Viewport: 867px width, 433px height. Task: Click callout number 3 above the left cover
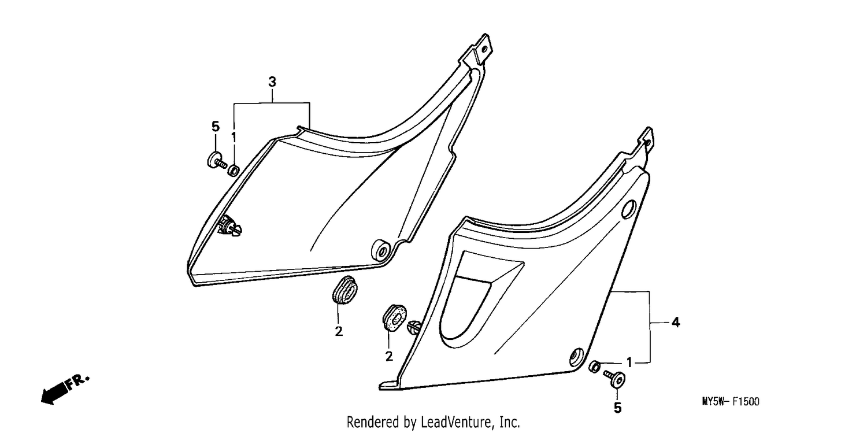[272, 82]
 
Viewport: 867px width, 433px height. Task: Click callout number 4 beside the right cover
[676, 322]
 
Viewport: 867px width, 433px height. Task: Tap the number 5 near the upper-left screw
[216, 127]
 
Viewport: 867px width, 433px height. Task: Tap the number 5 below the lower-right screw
[618, 408]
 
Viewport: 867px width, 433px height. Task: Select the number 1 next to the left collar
[234, 137]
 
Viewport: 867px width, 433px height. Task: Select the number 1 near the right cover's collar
[629, 362]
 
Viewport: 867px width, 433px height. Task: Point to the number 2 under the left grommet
[339, 332]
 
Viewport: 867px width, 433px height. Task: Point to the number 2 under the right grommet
[389, 356]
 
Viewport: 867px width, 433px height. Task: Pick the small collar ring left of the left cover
[234, 170]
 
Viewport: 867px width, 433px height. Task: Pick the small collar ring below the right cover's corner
[595, 367]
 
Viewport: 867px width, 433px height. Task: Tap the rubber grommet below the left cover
[344, 290]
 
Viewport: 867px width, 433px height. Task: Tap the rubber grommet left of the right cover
[394, 318]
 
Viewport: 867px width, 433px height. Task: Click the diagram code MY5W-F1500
[731, 402]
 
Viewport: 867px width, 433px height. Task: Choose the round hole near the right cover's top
[629, 209]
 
